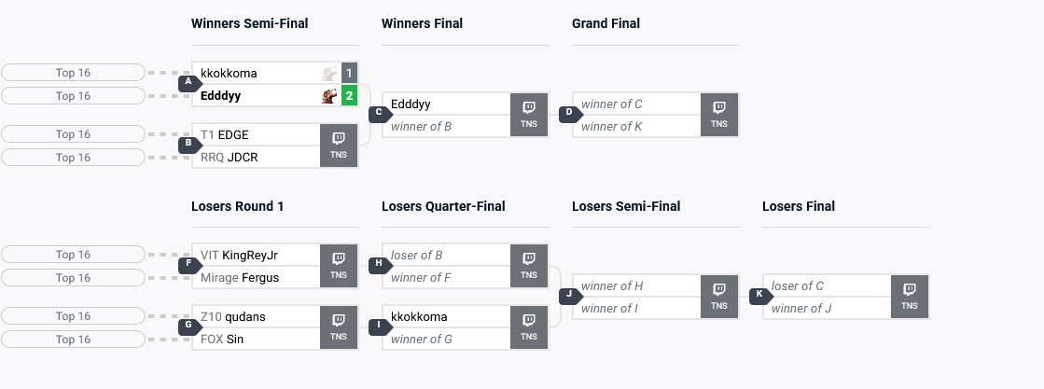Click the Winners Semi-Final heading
coord(249,23)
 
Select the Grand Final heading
coord(606,23)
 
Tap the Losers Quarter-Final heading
coord(452,206)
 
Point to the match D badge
coord(569,114)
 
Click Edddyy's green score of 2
coord(349,95)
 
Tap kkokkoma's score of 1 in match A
coord(349,73)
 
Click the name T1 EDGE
coord(225,134)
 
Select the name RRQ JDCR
coord(230,157)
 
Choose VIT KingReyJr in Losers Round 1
coord(240,255)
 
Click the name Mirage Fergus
coord(240,277)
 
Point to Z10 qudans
coord(233,316)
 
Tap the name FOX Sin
coord(222,339)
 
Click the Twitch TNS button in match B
coord(339,145)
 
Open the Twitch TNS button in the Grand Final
coord(719,114)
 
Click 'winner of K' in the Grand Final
coord(611,126)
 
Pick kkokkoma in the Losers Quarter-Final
coord(419,316)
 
